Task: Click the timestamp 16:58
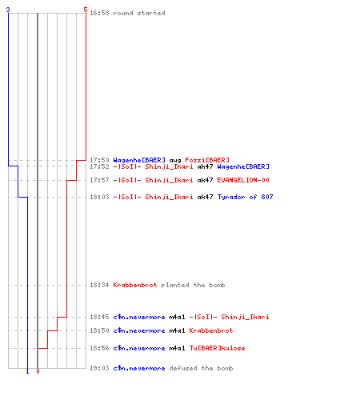99,13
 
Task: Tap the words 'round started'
139,13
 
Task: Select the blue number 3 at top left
8,10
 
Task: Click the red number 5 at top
86,10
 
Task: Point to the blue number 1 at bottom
27,371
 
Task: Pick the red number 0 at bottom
38,371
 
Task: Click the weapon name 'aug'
175,160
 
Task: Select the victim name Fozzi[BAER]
207,160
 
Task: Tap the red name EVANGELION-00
243,180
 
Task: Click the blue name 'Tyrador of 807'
246,197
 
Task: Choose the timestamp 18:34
99,285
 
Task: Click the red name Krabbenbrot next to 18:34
135,285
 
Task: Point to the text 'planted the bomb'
193,285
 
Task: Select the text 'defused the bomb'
201,368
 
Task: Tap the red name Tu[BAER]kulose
217,348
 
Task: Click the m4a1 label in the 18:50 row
177,330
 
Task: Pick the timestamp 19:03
99,368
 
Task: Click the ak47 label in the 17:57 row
205,180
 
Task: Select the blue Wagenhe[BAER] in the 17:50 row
139,160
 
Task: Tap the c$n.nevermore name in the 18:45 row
139,317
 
